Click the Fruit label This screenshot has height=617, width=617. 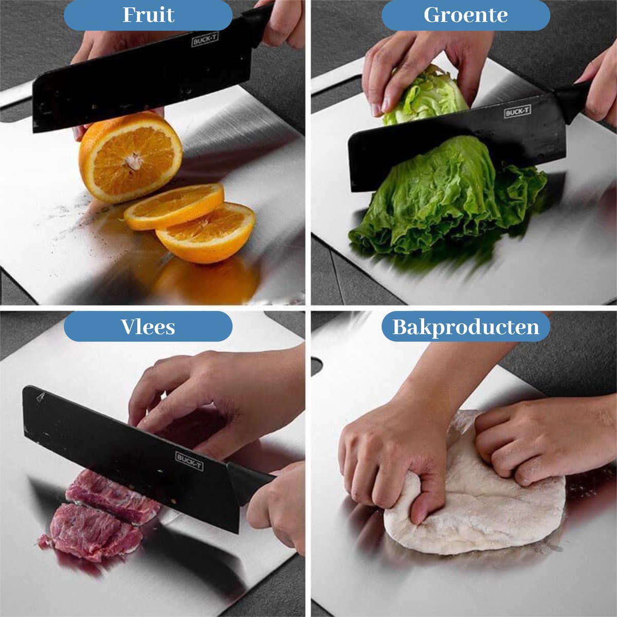pos(148,15)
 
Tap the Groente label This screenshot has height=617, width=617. pos(465,15)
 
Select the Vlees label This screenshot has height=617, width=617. pos(148,326)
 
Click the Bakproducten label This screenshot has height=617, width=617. pos(466,327)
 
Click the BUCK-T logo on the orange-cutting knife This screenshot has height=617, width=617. pos(205,40)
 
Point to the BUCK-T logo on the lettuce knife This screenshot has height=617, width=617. pos(517,112)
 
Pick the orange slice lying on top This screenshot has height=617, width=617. pos(174,207)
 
